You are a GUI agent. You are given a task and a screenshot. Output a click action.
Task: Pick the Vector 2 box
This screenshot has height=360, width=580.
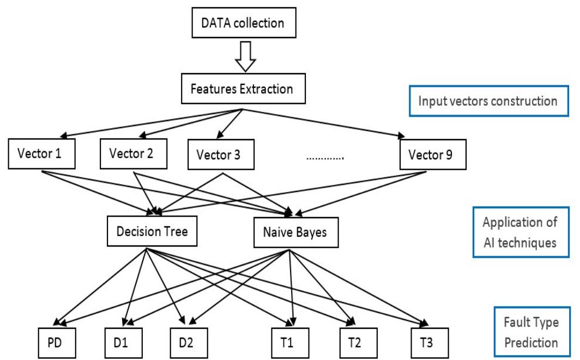click(x=134, y=154)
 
